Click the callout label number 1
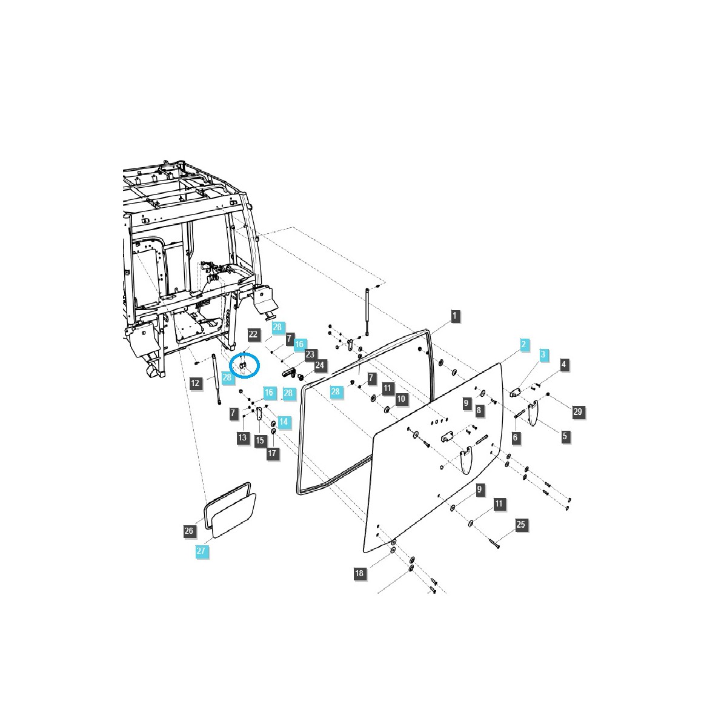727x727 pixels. pyautogui.click(x=455, y=315)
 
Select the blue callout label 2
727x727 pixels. pyautogui.click(x=523, y=344)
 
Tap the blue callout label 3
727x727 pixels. pyautogui.click(x=543, y=354)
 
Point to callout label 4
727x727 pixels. pyautogui.click(x=563, y=365)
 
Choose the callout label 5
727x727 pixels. pyautogui.click(x=565, y=436)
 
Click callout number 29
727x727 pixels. pyautogui.click(x=577, y=412)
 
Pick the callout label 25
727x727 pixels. pyautogui.click(x=521, y=525)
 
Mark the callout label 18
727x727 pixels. pyautogui.click(x=360, y=573)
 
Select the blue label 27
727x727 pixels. pyautogui.click(x=201, y=551)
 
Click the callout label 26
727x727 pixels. pyautogui.click(x=189, y=531)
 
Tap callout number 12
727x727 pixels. pyautogui.click(x=195, y=383)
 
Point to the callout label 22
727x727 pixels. pyautogui.click(x=253, y=334)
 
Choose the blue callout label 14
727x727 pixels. pyautogui.click(x=284, y=420)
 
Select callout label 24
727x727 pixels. pyautogui.click(x=320, y=365)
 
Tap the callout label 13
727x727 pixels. pyautogui.click(x=242, y=437)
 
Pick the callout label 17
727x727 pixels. pyautogui.click(x=273, y=453)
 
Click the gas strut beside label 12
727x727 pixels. pyautogui.click(x=216, y=379)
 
